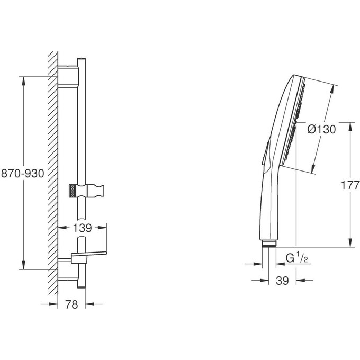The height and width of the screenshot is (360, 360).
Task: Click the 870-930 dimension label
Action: coord(22,173)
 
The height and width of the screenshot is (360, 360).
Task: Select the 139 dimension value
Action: coord(82,228)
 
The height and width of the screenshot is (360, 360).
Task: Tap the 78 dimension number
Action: coord(71,304)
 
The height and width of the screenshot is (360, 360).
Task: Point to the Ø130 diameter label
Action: coord(321,130)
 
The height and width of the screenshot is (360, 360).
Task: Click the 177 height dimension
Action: coord(350,185)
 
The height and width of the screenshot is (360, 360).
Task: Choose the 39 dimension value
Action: coord(282,281)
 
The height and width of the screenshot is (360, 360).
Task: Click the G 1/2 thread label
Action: coord(296,258)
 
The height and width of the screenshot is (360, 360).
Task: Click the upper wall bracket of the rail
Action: coord(68,76)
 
